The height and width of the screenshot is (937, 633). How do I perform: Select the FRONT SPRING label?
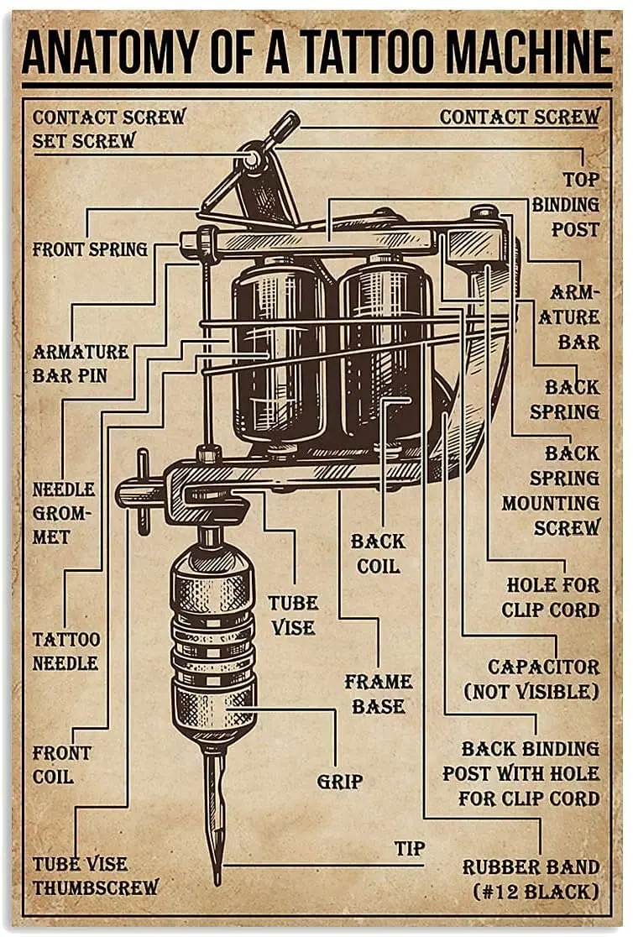(90, 249)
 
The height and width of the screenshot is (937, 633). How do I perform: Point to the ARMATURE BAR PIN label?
(81, 363)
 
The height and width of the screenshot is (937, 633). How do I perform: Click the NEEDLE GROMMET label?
(64, 512)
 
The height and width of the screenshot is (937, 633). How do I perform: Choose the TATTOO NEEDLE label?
(66, 651)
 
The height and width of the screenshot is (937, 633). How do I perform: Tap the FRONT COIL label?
(62, 764)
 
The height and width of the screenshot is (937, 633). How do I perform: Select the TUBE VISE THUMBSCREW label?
(96, 875)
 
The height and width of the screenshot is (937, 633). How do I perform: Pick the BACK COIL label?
(378, 553)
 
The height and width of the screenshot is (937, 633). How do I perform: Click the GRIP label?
(339, 782)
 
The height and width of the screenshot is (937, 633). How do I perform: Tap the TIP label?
(410, 848)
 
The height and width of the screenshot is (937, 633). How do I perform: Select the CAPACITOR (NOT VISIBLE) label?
(544, 678)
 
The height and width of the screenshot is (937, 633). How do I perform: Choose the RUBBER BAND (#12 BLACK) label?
(531, 878)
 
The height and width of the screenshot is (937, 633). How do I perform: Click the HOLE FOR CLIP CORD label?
(552, 596)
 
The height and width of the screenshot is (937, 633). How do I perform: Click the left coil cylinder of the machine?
(278, 353)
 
